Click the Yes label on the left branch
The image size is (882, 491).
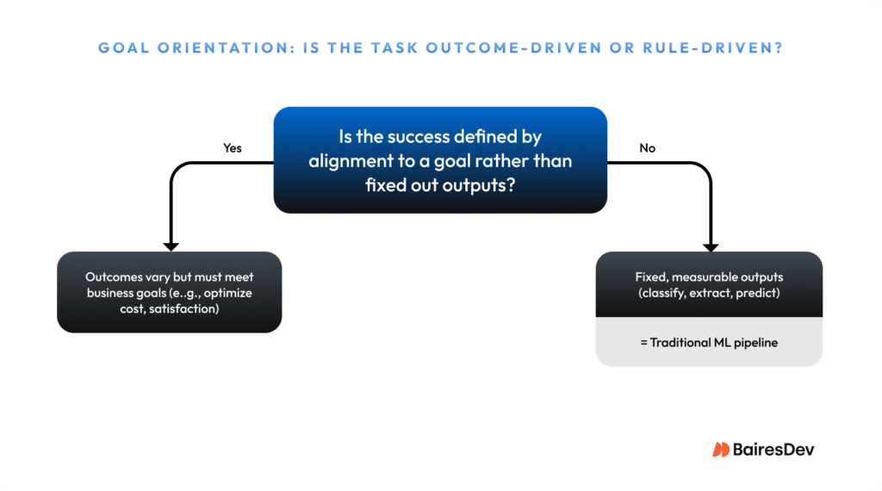[233, 148]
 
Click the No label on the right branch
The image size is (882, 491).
[647, 148]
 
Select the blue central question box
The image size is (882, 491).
[440, 160]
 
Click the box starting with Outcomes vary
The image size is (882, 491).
[170, 292]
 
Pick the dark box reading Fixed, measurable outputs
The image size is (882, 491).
[709, 284]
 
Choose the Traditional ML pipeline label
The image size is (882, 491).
[709, 342]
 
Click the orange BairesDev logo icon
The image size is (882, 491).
[721, 449]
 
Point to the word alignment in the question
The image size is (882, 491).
[351, 161]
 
